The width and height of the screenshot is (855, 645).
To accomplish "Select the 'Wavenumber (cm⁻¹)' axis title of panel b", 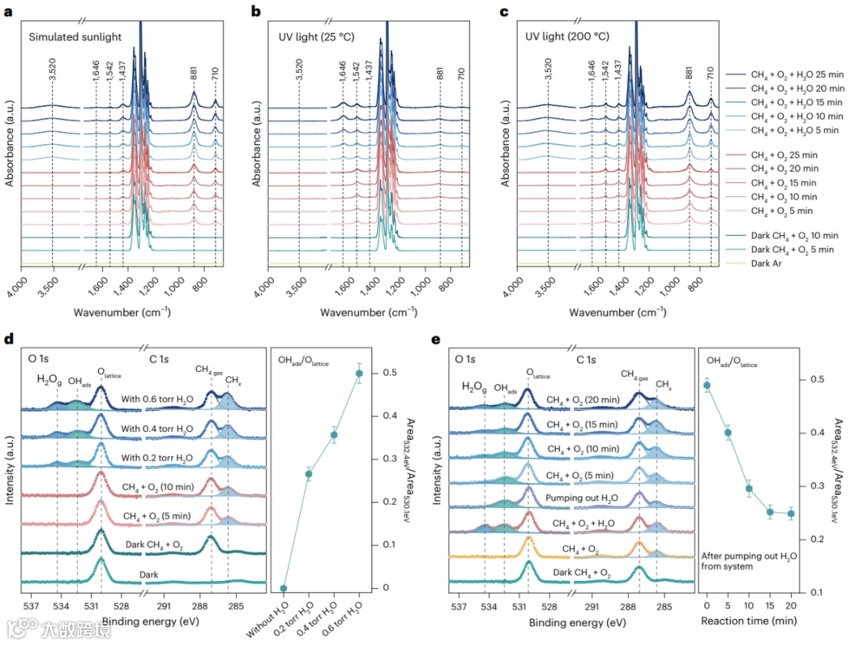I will (x=369, y=312).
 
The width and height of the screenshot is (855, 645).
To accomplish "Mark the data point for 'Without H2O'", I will (x=284, y=588).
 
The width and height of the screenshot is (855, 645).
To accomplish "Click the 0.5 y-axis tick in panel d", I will (x=383, y=373).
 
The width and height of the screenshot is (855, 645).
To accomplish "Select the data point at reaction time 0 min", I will (x=707, y=385).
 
